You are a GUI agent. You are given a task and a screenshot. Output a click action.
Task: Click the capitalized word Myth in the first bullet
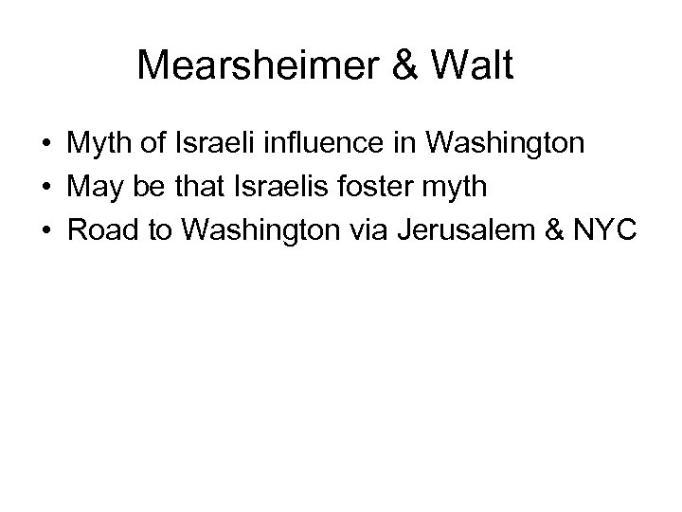(99, 145)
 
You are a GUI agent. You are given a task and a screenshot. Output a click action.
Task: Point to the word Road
(100, 230)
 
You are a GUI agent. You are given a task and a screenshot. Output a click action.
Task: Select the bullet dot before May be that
(45, 189)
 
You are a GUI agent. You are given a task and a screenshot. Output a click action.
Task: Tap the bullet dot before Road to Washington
(45, 231)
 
